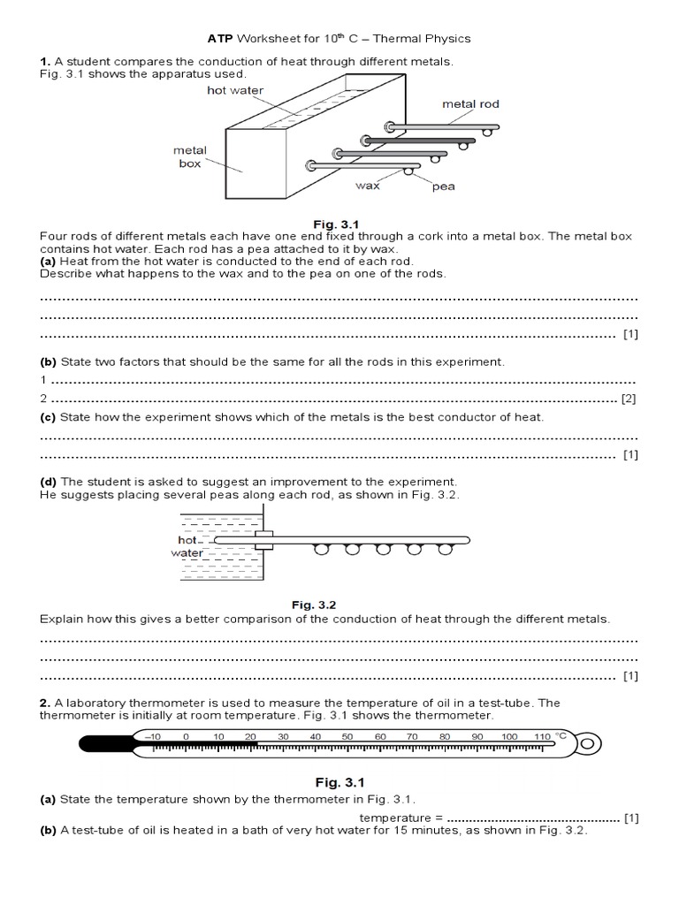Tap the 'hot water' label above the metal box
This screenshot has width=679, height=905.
point(235,90)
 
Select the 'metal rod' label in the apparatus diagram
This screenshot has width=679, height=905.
point(470,103)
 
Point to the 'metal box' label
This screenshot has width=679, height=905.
point(189,157)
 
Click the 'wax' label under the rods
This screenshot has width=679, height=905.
point(368,186)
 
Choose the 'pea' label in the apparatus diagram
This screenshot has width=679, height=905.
point(443,186)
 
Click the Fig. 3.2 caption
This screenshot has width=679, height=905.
point(315,605)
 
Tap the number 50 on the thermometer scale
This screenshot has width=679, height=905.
point(347,736)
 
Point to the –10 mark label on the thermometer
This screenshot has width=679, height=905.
point(152,736)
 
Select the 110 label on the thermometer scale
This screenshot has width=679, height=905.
point(541,736)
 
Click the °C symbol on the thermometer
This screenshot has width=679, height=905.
point(561,735)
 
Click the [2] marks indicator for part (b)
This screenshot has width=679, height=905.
point(629,399)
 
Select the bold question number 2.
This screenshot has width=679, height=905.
point(44,703)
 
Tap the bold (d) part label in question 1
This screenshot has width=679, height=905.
point(48,482)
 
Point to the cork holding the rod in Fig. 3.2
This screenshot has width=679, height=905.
point(263,540)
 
